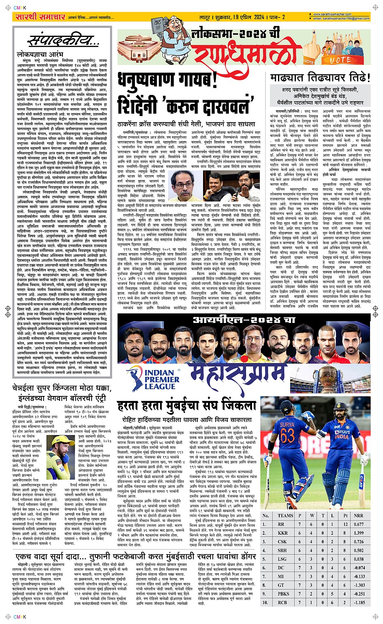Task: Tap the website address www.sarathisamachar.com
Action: [332, 14]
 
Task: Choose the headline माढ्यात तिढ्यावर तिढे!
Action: [320, 77]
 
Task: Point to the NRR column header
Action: [358, 516]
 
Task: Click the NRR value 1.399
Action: [358, 533]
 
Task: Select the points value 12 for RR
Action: [345, 524]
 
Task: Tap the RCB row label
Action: [282, 602]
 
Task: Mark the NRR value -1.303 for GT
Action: [358, 585]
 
